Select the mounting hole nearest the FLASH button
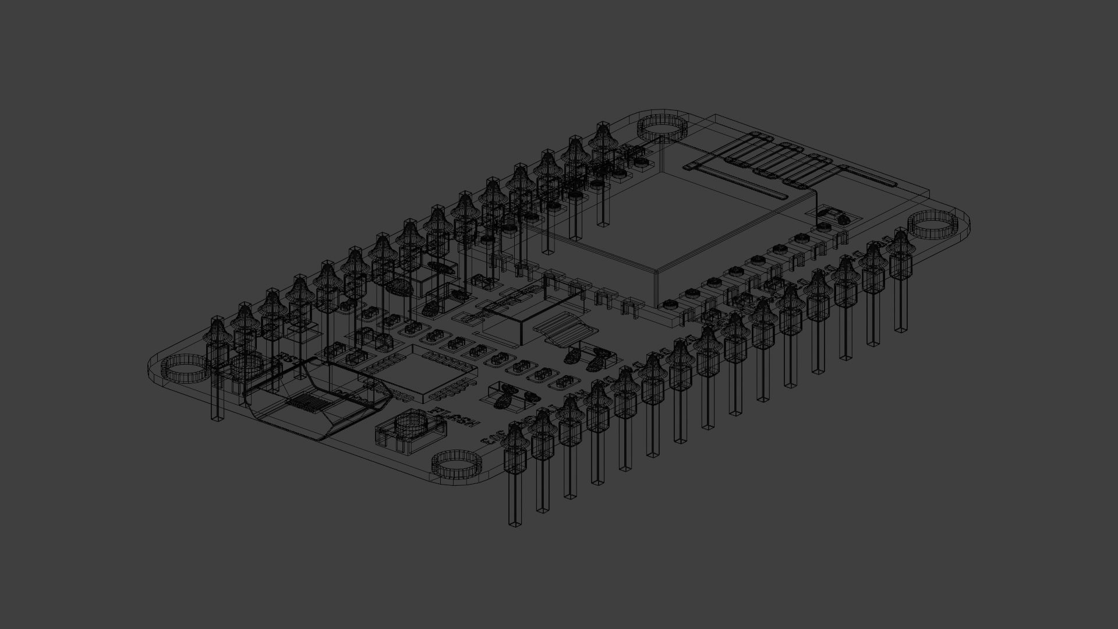pos(458,464)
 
